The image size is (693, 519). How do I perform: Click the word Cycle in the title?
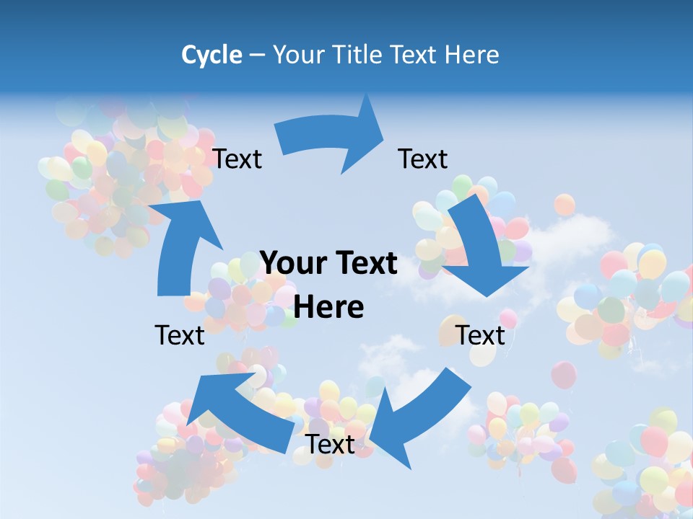pyautogui.click(x=212, y=55)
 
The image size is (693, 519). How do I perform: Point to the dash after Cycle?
pyautogui.click(x=257, y=56)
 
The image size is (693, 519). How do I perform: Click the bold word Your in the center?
pyautogui.click(x=291, y=264)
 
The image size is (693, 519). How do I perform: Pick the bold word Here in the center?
pyautogui.click(x=328, y=307)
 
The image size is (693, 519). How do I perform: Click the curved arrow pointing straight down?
pyautogui.click(x=479, y=245)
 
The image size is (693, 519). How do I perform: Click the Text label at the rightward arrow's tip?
pyautogui.click(x=423, y=159)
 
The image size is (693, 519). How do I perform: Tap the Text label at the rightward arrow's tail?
pyautogui.click(x=237, y=159)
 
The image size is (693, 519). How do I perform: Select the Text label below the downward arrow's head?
pyautogui.click(x=481, y=335)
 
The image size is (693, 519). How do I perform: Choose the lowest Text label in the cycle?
pyautogui.click(x=331, y=444)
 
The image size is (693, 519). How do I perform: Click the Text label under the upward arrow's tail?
pyautogui.click(x=180, y=335)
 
